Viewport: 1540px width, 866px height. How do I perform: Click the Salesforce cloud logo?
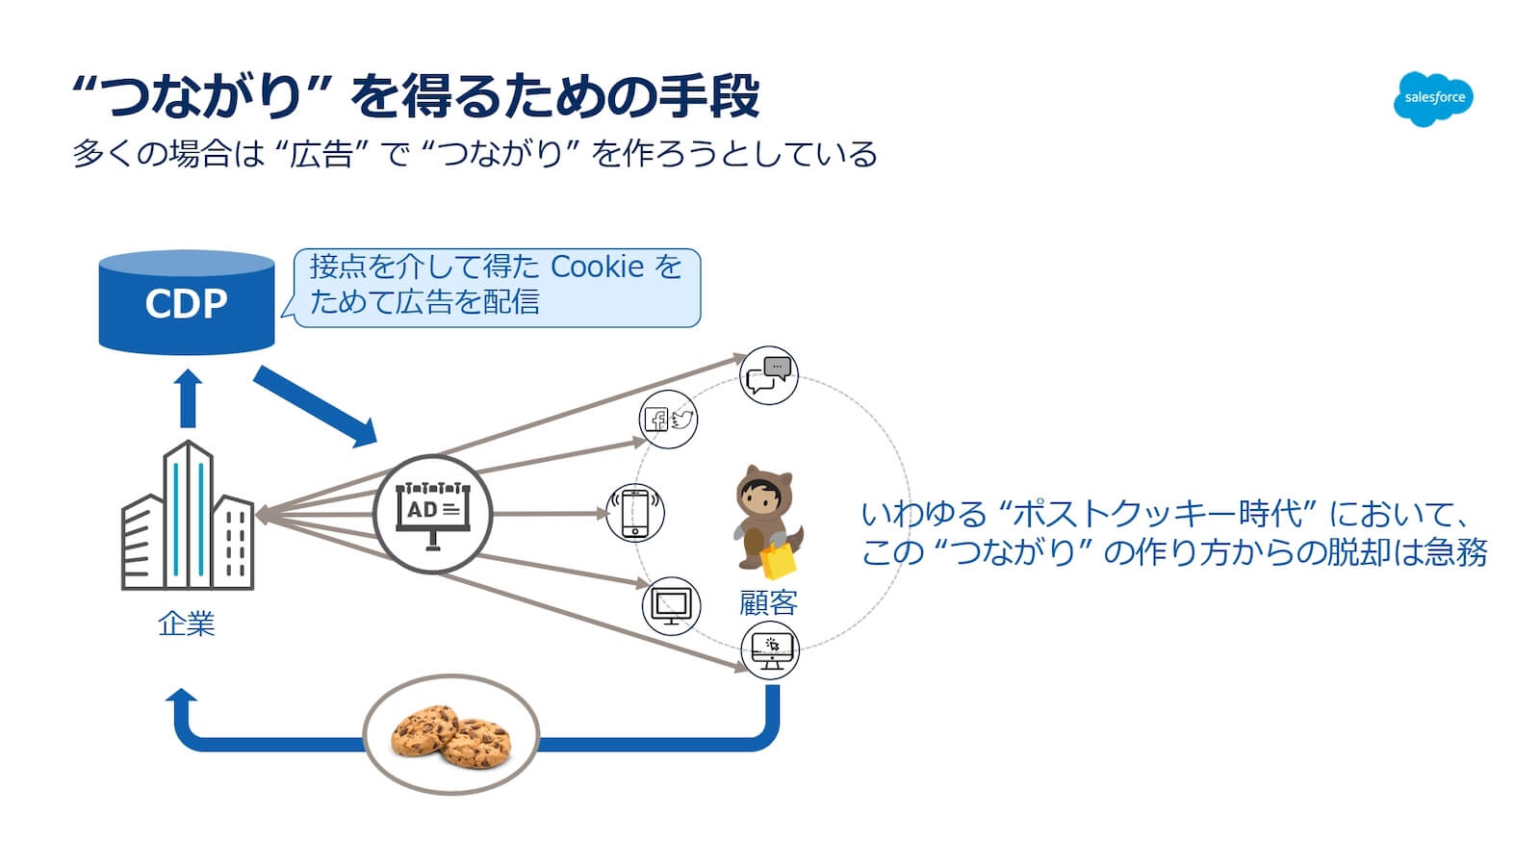pos(1433,98)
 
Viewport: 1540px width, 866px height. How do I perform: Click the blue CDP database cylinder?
pos(187,302)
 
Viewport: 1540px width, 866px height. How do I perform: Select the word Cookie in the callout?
pos(597,267)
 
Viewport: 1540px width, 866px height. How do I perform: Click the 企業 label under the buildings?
pos(186,624)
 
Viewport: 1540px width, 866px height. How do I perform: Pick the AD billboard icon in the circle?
pos(432,514)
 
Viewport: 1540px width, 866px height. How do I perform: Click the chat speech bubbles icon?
pos(768,375)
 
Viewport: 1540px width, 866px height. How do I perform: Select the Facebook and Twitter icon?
pos(668,420)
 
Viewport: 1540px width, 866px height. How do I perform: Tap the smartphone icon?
pos(635,513)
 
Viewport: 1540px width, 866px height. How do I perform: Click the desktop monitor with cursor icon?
pos(770,650)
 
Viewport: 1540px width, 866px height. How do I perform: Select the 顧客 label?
pos(768,603)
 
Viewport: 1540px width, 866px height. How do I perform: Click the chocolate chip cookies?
pos(450,736)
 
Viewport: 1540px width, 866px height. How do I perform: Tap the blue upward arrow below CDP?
pos(189,397)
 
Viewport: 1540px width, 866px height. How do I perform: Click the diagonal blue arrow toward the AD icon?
pos(315,406)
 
